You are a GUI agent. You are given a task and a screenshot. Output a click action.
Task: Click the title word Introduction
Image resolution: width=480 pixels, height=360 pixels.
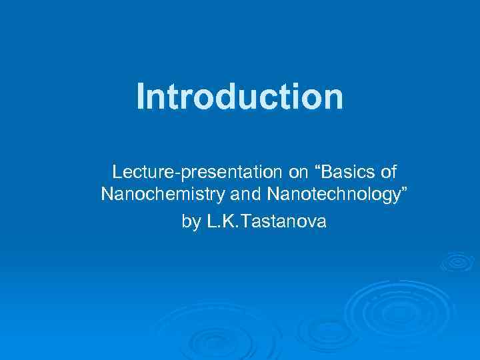click(x=240, y=97)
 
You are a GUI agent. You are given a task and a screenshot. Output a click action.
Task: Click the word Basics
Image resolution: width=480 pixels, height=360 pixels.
click(x=347, y=173)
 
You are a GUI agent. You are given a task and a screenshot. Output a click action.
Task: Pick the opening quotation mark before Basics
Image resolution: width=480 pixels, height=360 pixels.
click(x=317, y=169)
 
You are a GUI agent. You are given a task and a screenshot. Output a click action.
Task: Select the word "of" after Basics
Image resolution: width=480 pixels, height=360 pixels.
click(x=386, y=173)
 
